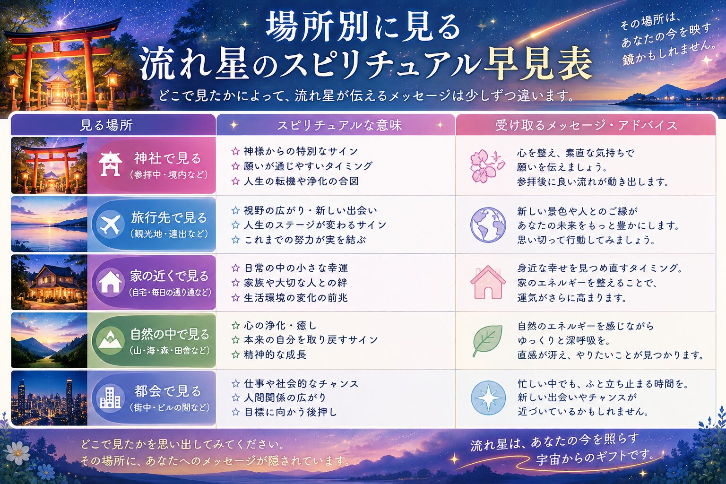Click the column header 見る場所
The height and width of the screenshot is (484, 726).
(x=106, y=125)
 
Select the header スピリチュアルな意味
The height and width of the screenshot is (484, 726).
(x=339, y=125)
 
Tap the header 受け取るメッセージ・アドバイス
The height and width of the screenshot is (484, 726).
(x=586, y=125)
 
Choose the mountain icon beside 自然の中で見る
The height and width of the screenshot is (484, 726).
(x=111, y=340)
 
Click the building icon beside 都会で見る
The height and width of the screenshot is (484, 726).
(x=111, y=398)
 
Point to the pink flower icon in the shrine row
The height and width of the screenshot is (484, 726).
(x=487, y=166)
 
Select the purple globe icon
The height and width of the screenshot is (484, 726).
(x=488, y=225)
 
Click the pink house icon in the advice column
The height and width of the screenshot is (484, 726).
(x=488, y=282)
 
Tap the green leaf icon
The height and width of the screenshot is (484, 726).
(x=487, y=341)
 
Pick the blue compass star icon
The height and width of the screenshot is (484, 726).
(x=488, y=398)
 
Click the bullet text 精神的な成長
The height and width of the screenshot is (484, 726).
(x=275, y=354)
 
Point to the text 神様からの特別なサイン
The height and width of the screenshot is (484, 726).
(x=301, y=151)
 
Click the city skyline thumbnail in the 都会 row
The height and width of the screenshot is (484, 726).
(x=49, y=398)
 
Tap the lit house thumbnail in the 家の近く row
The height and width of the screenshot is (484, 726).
(x=49, y=282)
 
